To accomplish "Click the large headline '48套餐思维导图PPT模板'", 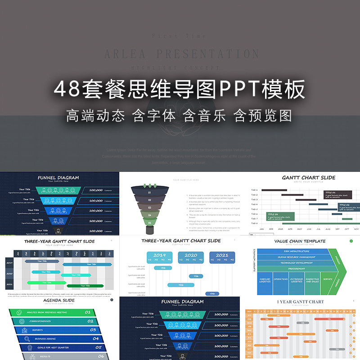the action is click(180, 89).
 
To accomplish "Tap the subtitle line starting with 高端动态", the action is click(180, 116).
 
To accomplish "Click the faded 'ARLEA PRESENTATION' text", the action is click(182, 54).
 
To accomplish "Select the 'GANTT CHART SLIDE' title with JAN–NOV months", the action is click(309, 178).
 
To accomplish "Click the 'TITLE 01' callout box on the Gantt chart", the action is click(336, 195).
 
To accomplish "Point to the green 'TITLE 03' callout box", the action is click(280, 216).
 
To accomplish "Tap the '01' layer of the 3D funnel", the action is click(150, 193).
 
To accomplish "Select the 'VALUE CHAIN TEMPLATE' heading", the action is click(300, 241).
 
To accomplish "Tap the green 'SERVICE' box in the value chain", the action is click(328, 279).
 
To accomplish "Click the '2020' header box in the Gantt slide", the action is click(191, 257).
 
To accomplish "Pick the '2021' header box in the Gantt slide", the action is click(222, 257).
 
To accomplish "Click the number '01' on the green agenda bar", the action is click(87, 312).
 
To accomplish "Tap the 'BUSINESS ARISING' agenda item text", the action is click(45, 339).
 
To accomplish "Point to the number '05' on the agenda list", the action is click(98, 347).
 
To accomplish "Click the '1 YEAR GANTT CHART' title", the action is click(300, 302).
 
